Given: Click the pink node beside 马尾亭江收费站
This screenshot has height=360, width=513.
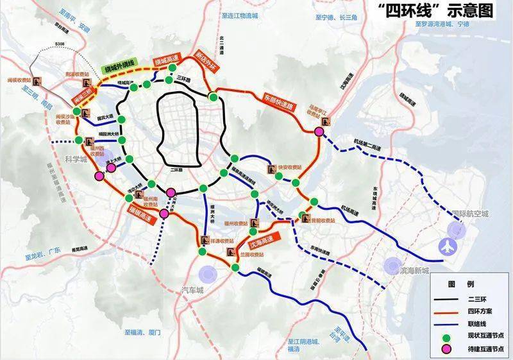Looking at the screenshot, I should coord(319,132).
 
